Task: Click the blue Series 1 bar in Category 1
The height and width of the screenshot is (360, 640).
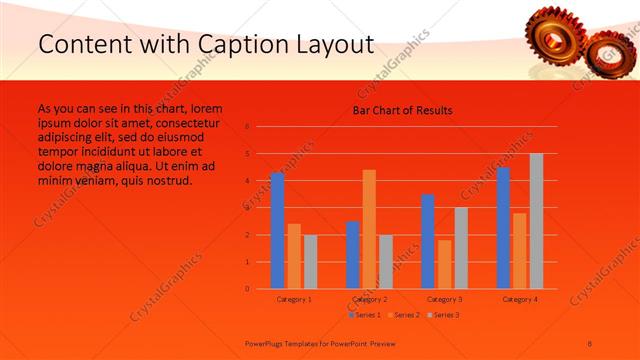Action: click(x=277, y=231)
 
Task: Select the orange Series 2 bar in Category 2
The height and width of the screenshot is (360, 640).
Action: click(x=369, y=229)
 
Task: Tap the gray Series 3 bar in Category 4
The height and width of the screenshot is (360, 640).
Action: click(x=536, y=221)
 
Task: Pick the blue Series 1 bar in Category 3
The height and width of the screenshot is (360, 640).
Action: click(x=428, y=241)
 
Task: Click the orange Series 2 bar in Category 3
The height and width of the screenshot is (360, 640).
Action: click(x=444, y=264)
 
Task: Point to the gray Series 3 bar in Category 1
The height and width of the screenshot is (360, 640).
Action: click(x=310, y=262)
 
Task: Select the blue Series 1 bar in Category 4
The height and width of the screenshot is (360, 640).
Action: click(x=503, y=228)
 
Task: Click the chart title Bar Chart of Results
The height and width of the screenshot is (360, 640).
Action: click(x=402, y=110)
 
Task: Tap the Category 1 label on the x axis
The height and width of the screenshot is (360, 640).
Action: click(x=294, y=299)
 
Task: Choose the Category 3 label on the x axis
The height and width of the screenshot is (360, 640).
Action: click(x=444, y=299)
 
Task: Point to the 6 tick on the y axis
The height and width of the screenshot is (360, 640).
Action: click(x=247, y=127)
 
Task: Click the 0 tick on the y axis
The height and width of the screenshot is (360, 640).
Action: click(x=247, y=289)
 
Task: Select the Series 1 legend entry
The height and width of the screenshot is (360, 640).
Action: click(x=366, y=315)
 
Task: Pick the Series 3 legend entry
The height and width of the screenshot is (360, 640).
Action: click(x=444, y=315)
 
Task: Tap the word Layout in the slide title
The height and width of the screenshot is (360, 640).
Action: click(x=336, y=44)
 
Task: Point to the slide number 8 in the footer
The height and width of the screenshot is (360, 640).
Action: click(x=590, y=342)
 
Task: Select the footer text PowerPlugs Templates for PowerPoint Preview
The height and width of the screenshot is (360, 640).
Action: click(x=301, y=342)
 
